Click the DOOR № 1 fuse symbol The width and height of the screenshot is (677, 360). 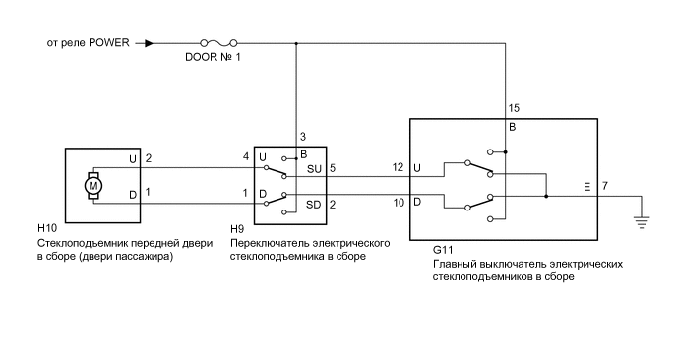(x=216, y=43)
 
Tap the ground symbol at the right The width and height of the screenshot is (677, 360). (x=644, y=220)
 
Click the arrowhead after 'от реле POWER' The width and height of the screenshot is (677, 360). (x=149, y=43)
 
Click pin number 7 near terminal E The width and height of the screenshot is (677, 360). (x=604, y=186)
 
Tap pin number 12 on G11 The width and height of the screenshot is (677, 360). (x=399, y=168)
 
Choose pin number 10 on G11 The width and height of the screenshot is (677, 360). (x=399, y=202)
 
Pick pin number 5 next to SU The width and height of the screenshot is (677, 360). (x=333, y=168)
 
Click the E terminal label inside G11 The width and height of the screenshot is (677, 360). (x=587, y=186)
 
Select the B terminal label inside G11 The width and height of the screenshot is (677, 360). (x=513, y=128)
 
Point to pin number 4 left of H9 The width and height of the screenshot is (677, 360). (x=246, y=157)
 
